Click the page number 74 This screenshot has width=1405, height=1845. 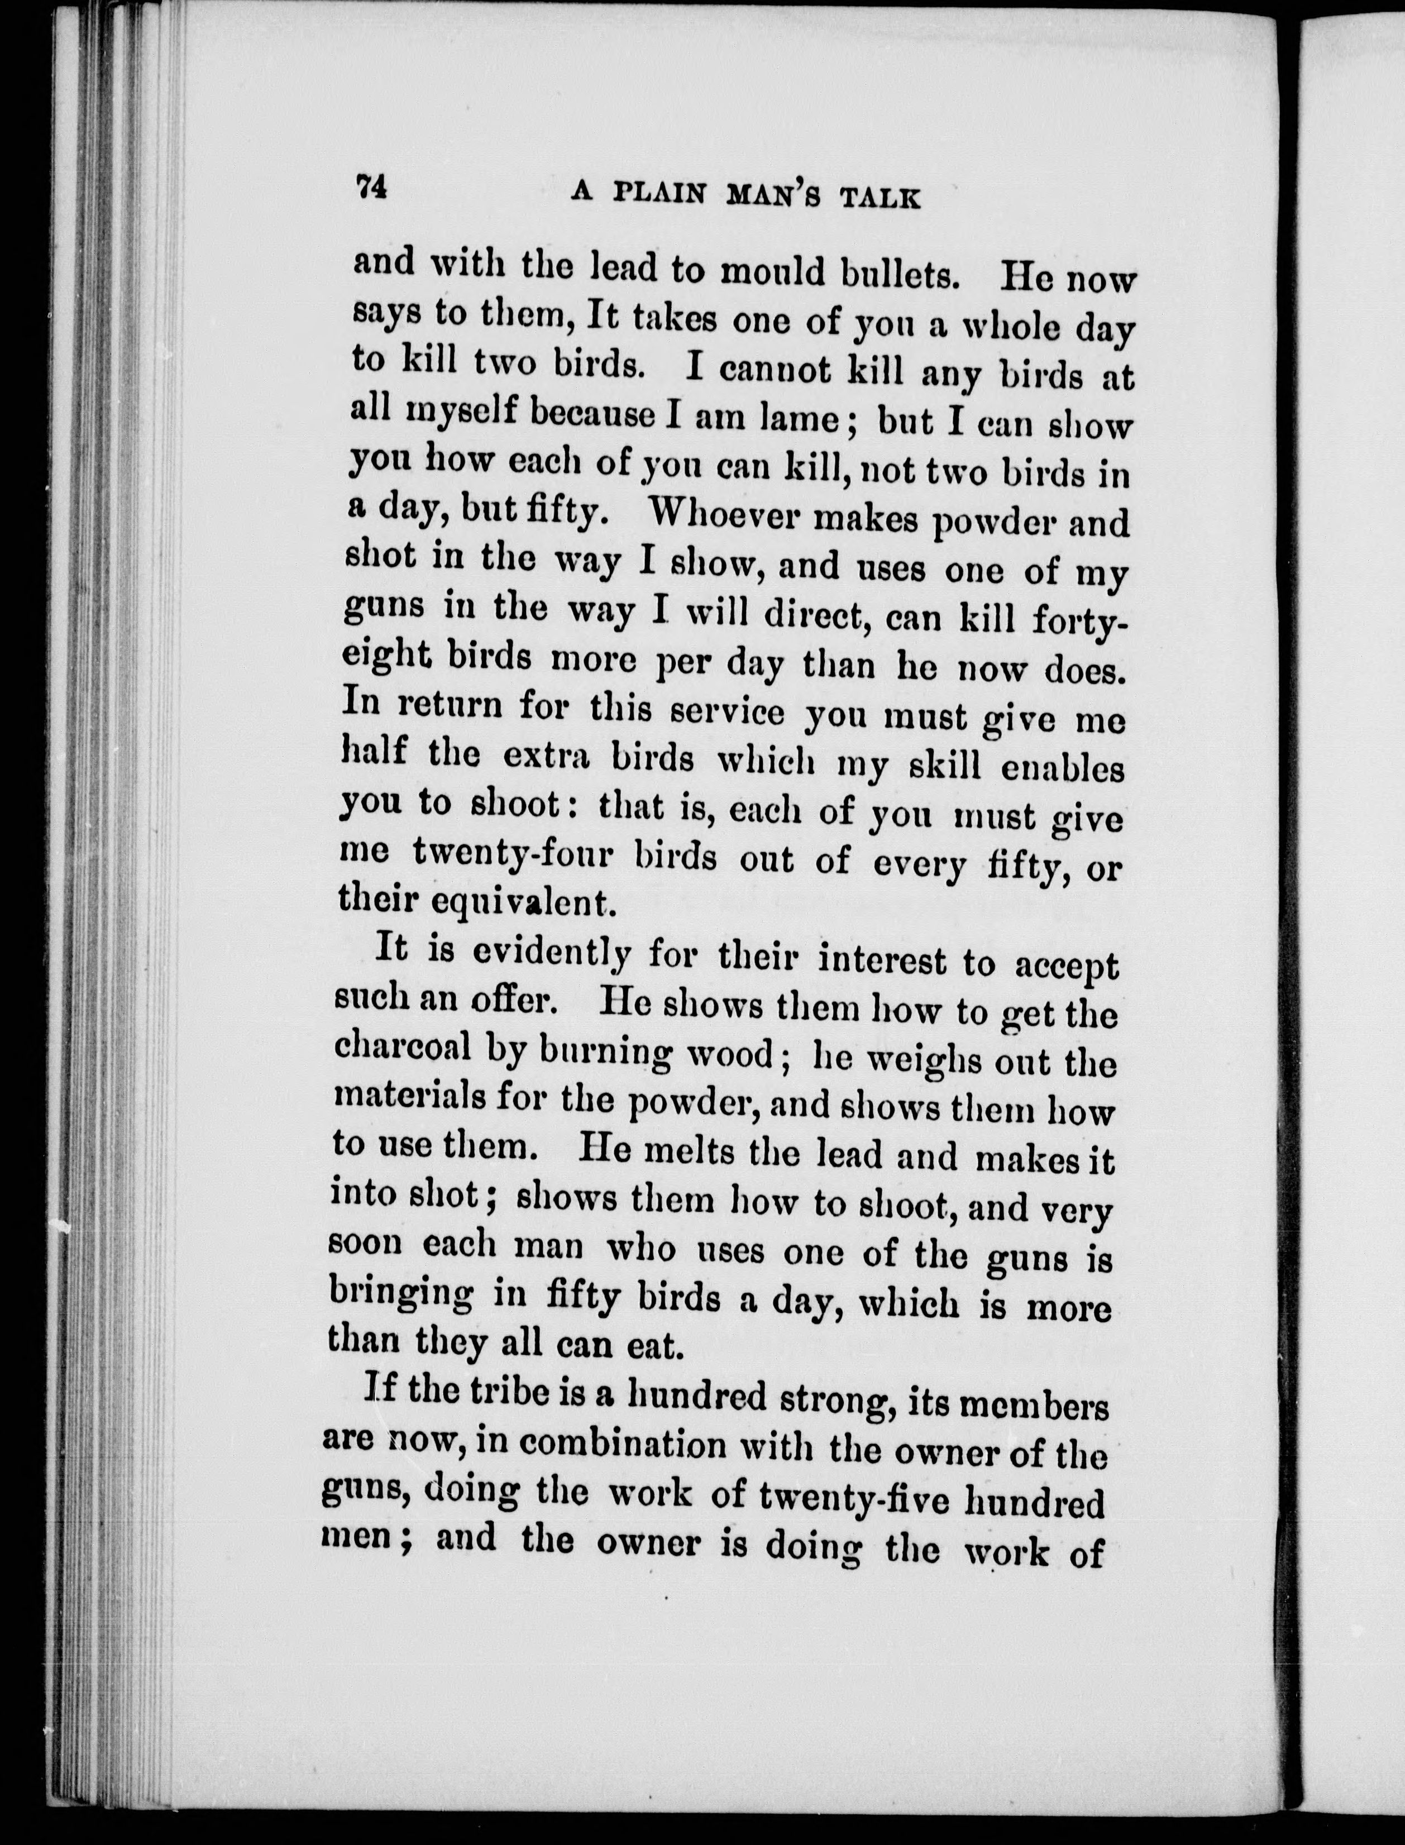[x=370, y=187]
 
